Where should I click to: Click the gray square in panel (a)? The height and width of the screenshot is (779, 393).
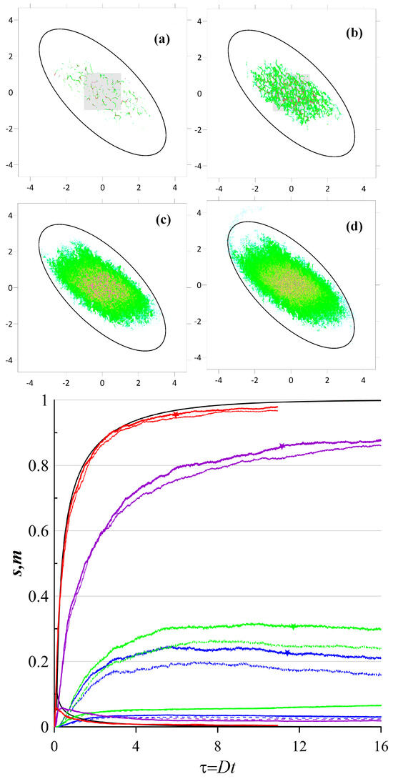pyautogui.click(x=102, y=91)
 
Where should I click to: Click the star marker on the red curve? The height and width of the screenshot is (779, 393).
pyautogui.click(x=176, y=415)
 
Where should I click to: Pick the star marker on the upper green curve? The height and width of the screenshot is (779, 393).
pyautogui.click(x=294, y=627)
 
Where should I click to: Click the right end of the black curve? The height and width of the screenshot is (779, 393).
pyautogui.click(x=381, y=400)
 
